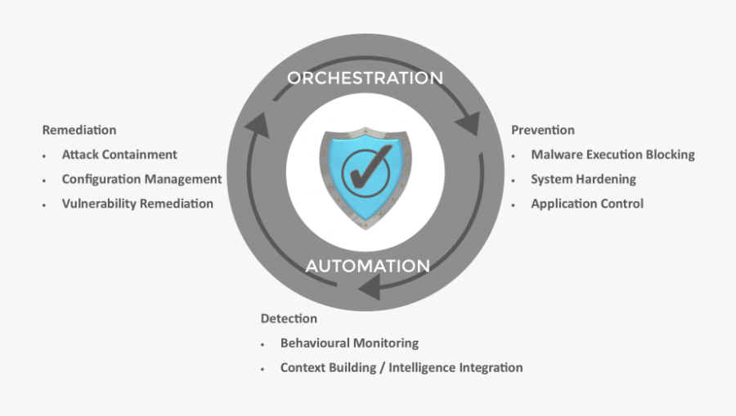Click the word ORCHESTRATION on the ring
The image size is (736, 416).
point(365,78)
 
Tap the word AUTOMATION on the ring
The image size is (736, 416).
point(367,266)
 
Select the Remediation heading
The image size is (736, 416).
point(79,130)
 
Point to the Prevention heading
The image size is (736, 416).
point(543,130)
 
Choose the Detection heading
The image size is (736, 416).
point(289,318)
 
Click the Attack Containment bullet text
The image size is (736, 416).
point(119,154)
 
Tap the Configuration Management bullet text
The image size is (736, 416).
point(141,179)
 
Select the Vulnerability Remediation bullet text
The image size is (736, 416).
point(137,204)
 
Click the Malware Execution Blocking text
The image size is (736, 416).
point(613,154)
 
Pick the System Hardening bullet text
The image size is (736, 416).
point(583,179)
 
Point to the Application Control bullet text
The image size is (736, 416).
point(587,204)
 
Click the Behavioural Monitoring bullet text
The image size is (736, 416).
point(349,343)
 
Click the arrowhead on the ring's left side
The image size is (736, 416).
point(257,124)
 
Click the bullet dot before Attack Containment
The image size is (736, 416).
point(44,155)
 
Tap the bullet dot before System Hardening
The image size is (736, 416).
point(513,180)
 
